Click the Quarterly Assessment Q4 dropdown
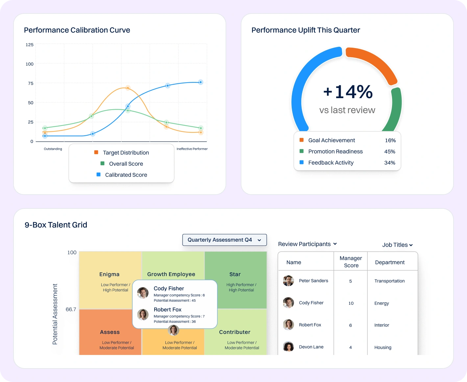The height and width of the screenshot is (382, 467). tap(224, 240)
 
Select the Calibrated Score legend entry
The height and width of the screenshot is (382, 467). tap(126, 175)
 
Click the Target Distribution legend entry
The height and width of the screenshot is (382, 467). tap(126, 152)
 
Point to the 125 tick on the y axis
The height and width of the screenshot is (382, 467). tap(30, 45)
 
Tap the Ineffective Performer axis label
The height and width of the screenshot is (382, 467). tap(192, 149)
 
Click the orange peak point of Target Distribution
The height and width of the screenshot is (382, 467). tap(128, 88)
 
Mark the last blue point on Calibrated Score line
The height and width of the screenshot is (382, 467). tap(201, 82)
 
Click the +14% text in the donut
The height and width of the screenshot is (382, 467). tap(348, 92)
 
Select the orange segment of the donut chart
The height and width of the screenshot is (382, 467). tap(373, 63)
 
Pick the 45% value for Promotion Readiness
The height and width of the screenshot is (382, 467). tap(390, 151)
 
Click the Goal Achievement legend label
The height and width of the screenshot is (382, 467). tap(332, 140)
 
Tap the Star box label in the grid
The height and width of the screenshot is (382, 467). tap(235, 274)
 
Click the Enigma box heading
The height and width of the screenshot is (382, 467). tap(109, 274)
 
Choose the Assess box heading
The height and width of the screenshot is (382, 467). tap(110, 332)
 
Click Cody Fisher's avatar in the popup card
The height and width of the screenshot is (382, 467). tap(143, 293)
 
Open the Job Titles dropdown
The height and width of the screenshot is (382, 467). tap(397, 245)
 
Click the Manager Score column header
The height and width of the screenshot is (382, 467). tap(351, 262)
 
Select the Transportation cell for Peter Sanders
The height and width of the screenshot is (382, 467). tap(389, 281)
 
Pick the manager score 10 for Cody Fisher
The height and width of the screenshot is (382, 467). tap(351, 303)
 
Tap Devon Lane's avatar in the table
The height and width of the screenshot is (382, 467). tap(288, 347)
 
